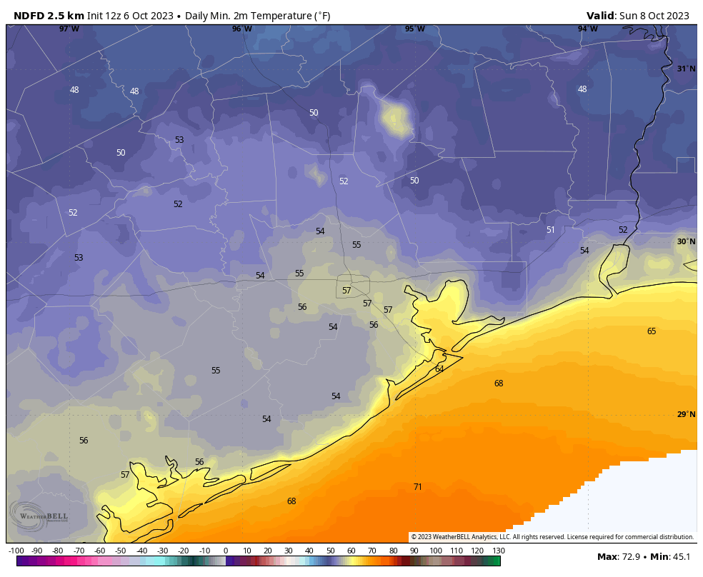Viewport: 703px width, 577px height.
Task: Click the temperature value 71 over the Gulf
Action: click(x=417, y=487)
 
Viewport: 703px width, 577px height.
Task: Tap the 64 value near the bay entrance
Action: click(x=439, y=369)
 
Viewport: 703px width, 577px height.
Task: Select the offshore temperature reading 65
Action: click(x=651, y=331)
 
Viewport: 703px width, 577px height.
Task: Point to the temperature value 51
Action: click(x=550, y=230)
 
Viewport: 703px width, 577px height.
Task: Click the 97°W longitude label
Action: click(x=69, y=29)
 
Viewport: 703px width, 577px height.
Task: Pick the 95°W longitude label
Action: click(x=414, y=29)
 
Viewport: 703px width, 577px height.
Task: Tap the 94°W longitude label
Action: click(x=587, y=29)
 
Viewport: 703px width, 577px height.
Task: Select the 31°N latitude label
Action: click(x=685, y=69)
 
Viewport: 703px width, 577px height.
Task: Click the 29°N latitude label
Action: click(x=685, y=415)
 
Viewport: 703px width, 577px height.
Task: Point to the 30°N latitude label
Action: click(x=685, y=242)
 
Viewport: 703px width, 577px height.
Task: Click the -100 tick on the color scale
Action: click(x=16, y=551)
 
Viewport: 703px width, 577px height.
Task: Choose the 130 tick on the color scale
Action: click(x=498, y=551)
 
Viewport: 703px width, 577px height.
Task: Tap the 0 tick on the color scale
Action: click(x=226, y=551)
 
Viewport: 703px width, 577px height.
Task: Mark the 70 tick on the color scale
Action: click(x=372, y=551)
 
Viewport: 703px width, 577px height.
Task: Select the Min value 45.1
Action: click(x=680, y=557)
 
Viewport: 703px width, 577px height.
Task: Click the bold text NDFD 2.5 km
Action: click(x=49, y=16)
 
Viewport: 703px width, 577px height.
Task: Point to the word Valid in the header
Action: click(x=600, y=16)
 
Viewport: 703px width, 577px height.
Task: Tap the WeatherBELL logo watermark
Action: click(x=39, y=515)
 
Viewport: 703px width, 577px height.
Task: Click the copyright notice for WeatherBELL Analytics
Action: click(x=552, y=537)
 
